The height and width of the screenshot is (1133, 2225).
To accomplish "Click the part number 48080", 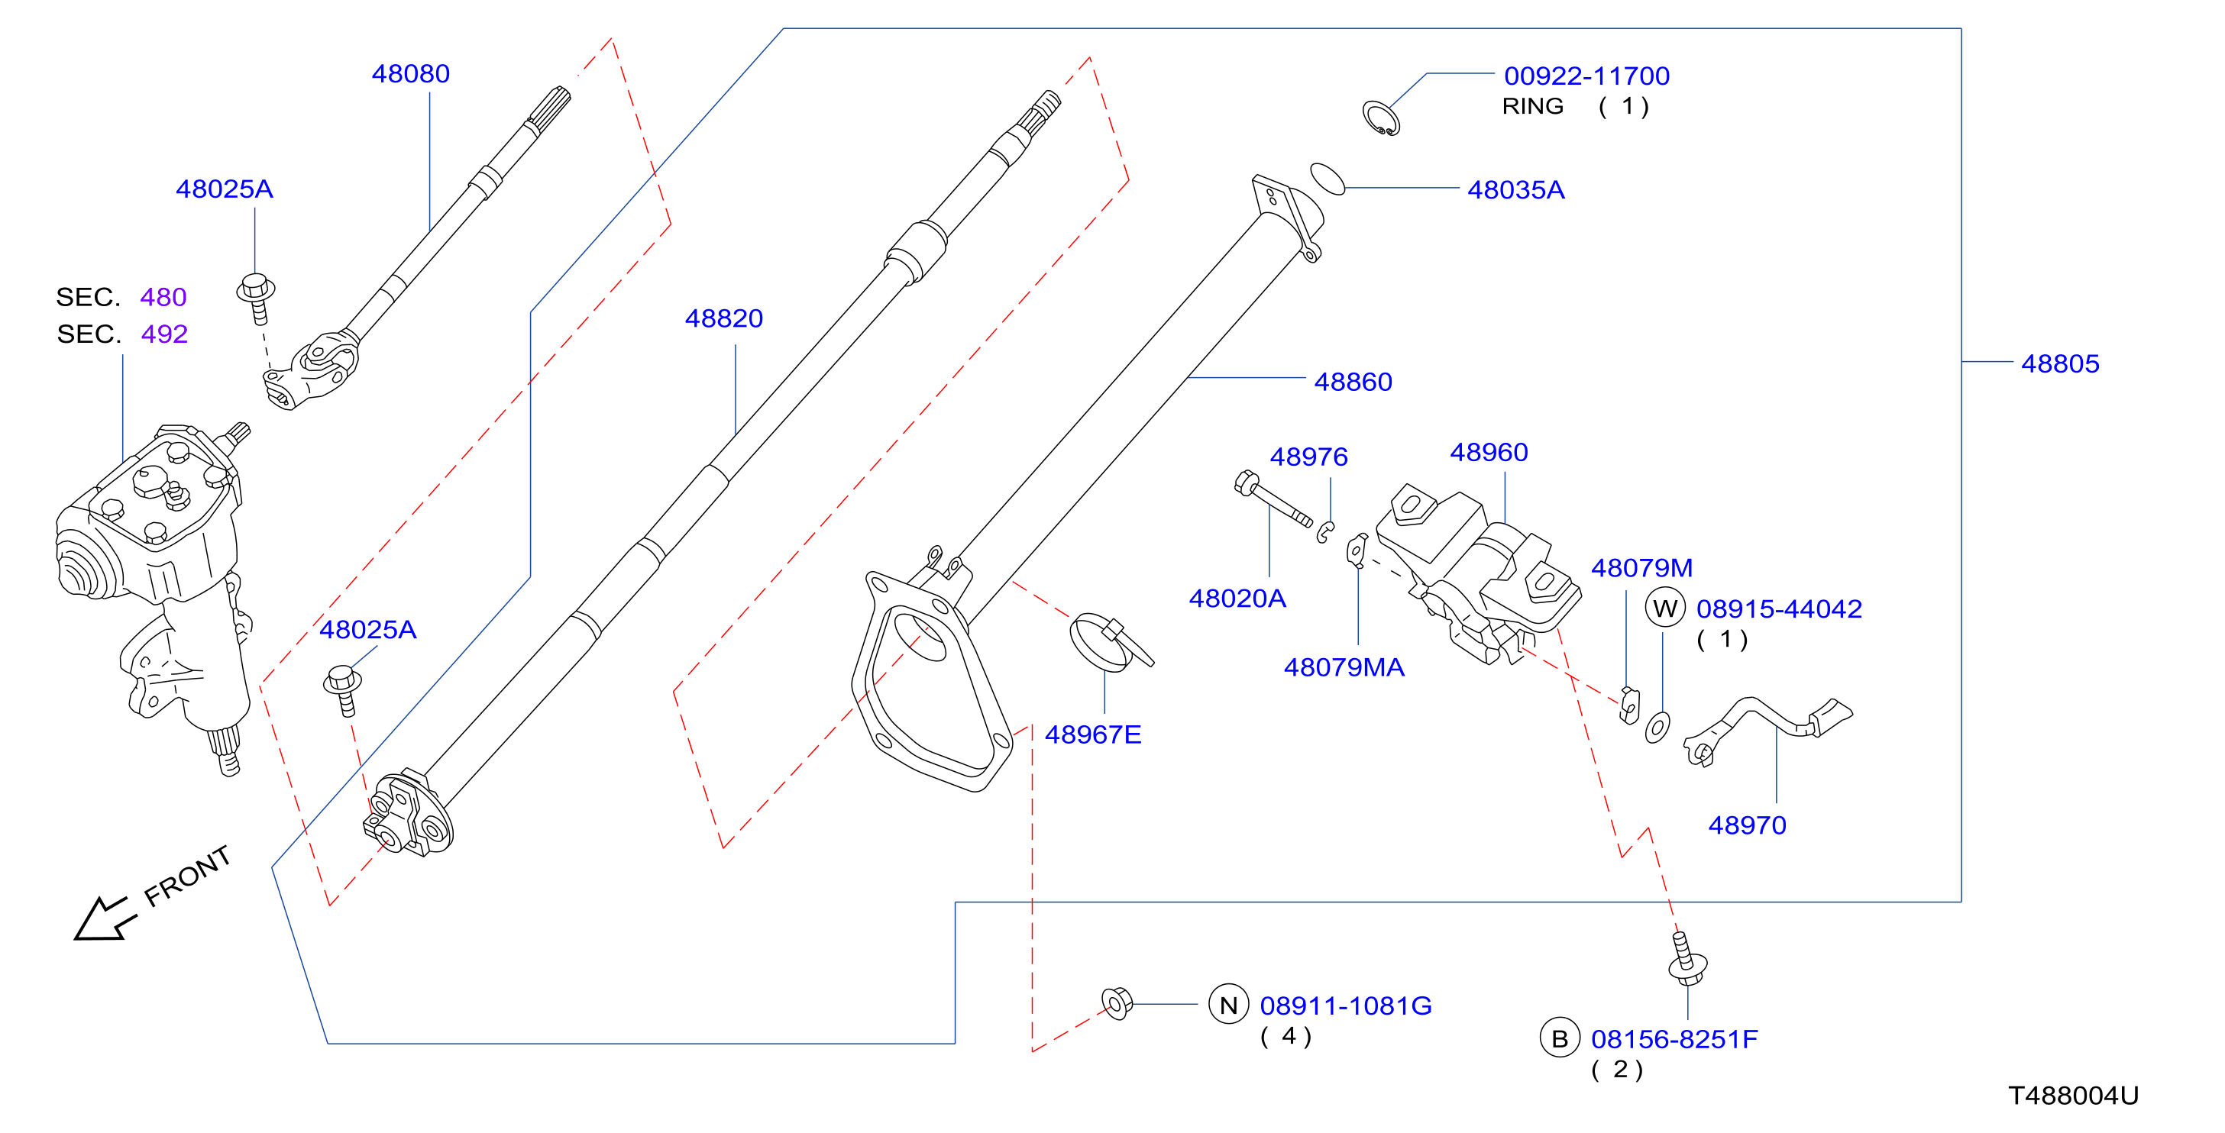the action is click(x=410, y=74).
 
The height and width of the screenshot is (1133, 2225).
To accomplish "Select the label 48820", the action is click(x=724, y=318).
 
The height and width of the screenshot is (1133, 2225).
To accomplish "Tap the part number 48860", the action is click(x=1353, y=382).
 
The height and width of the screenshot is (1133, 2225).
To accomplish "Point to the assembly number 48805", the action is click(x=2060, y=363).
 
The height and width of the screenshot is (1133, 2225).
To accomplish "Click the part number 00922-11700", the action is click(x=1586, y=76).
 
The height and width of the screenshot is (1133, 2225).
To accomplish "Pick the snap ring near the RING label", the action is click(x=1381, y=118).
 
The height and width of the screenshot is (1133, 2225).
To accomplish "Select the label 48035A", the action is click(x=1516, y=190).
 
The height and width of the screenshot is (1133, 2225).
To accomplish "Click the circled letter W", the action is click(x=1665, y=608).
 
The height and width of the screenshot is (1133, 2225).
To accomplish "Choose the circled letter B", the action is click(x=1560, y=1039).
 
